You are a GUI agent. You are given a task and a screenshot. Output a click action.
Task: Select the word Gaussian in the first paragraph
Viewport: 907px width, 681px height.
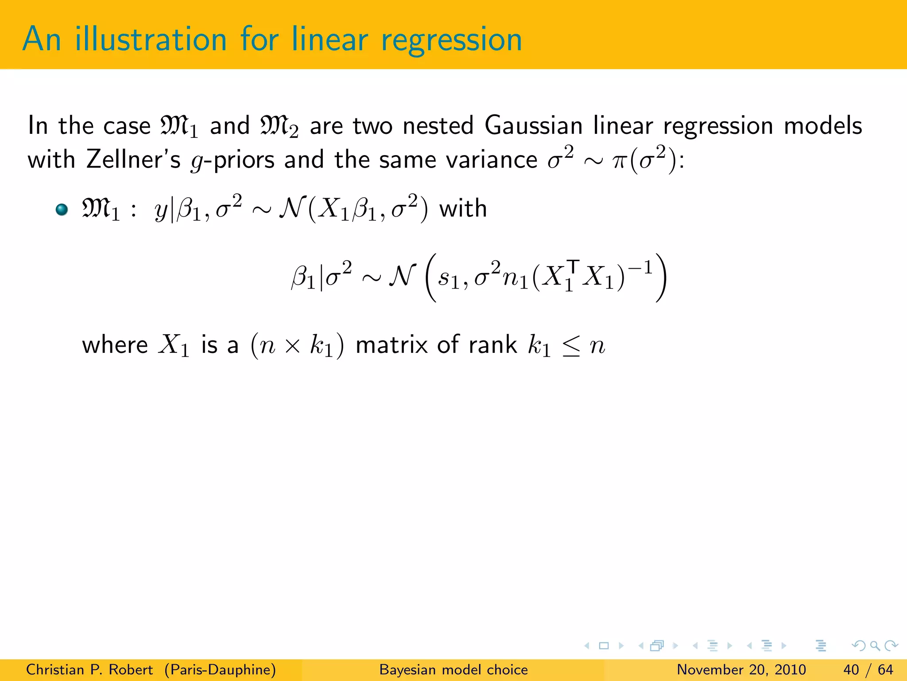[x=533, y=125]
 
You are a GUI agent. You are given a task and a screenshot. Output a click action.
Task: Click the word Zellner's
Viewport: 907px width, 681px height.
[x=133, y=159]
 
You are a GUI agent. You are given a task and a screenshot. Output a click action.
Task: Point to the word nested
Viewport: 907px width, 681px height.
[x=438, y=125]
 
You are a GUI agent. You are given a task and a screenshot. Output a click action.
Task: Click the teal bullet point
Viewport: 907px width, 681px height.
[x=62, y=209]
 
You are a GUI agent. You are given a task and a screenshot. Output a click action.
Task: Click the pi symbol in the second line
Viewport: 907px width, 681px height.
[x=619, y=160]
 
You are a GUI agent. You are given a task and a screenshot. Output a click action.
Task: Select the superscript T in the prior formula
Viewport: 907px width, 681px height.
[x=573, y=266]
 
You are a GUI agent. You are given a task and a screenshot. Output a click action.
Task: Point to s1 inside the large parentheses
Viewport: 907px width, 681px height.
[x=448, y=279]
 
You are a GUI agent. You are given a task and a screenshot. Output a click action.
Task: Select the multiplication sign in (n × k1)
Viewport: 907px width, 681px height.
[x=292, y=346]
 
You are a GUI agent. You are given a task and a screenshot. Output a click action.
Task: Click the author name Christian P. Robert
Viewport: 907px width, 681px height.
[x=89, y=669]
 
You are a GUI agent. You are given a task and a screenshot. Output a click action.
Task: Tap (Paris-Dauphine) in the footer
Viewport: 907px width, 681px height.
[x=220, y=669]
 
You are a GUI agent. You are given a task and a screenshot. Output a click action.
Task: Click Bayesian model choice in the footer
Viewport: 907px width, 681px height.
[x=453, y=669]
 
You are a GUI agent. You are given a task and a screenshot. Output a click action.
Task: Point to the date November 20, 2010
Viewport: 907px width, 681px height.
[x=741, y=669]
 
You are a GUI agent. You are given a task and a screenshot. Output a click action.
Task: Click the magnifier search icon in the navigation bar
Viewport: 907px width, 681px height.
[x=875, y=646]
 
